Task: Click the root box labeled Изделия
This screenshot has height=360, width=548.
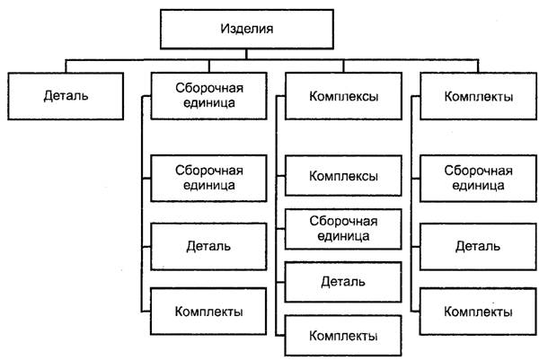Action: pos(245,29)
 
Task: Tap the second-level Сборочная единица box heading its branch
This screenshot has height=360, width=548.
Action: pos(209,95)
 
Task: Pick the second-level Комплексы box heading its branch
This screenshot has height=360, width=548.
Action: pos(343,95)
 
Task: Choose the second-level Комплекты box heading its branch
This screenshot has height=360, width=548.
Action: pos(479,95)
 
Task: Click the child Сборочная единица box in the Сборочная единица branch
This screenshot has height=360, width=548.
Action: pos(209,177)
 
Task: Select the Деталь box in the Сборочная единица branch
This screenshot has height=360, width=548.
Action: pos(209,244)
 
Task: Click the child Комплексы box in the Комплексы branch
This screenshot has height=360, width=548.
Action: pos(343,176)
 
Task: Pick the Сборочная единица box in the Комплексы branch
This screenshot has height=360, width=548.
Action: pos(343,228)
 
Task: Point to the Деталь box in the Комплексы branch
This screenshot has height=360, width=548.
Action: pos(343,282)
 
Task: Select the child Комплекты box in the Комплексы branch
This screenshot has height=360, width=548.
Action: pos(343,336)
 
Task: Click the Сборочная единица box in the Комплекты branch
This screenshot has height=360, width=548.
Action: pos(479,177)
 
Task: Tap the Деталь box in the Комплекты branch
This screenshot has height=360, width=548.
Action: pos(479,244)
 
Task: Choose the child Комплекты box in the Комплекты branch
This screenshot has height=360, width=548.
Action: pos(479,311)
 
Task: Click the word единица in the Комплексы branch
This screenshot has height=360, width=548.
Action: pos(343,236)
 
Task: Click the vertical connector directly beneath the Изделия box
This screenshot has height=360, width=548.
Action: pos(245,54)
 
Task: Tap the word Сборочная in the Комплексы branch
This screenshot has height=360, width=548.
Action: pos(343,221)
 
